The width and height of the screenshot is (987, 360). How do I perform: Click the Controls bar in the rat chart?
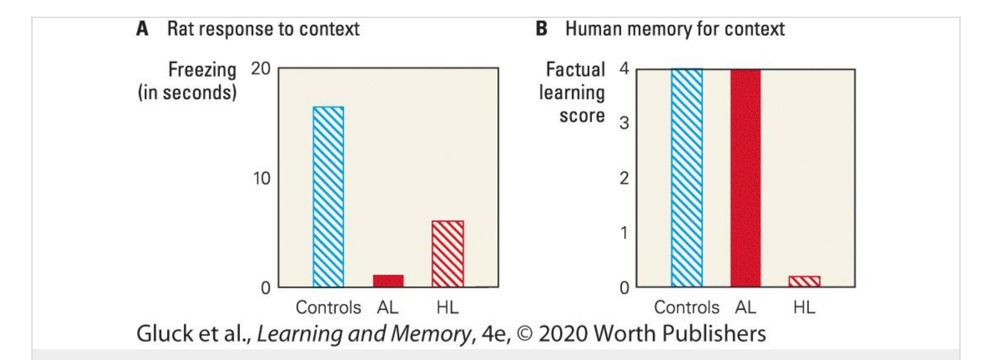pos(328,197)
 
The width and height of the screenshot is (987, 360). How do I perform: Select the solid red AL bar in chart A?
pos(388,281)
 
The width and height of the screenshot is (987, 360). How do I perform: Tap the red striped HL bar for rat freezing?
pos(448,254)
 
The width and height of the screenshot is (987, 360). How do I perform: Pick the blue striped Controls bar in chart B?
pos(687,178)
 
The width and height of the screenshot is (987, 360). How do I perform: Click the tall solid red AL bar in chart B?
pos(745,178)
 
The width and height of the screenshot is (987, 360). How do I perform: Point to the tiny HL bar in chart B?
pos(804,281)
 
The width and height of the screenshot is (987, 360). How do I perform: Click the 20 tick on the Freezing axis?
pos(261,69)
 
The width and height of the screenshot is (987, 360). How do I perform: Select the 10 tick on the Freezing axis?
pos(261,179)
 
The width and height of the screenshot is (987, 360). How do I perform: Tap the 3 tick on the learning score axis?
pos(624,123)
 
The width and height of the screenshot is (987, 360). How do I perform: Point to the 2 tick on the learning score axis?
pos(624,179)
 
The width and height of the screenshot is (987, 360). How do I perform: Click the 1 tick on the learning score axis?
pos(624,233)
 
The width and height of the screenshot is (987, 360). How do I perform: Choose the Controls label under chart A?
pos(328,307)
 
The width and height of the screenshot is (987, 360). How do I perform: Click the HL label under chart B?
pos(804,307)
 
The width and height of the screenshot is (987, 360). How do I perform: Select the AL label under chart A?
pos(388,307)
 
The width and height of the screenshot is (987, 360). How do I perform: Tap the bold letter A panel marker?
pos(142,29)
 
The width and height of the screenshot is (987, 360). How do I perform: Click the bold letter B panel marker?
pos(541,29)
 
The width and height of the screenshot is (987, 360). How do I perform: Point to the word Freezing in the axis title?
pos(202,70)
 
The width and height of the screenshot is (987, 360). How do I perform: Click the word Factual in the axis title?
pos(575,70)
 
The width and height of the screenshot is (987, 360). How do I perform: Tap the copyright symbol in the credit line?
pos(525,334)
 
